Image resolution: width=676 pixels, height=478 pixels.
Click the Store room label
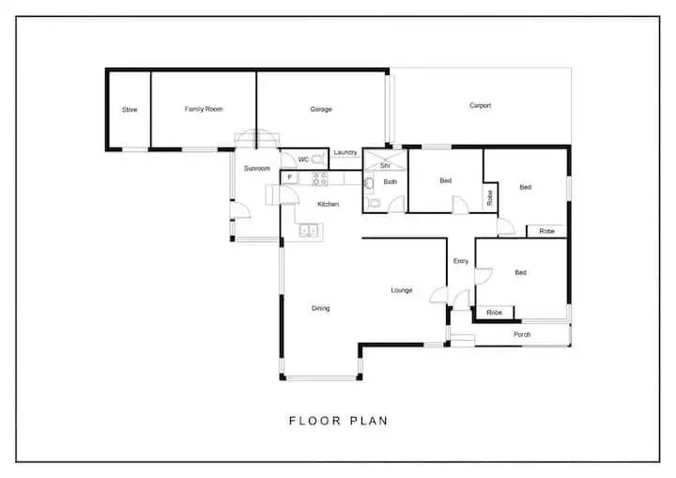(130, 110)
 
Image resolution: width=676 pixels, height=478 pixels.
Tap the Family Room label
(204, 109)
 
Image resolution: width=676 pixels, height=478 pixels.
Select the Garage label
(321, 109)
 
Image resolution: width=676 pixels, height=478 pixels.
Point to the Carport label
(480, 106)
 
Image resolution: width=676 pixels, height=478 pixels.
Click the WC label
(303, 159)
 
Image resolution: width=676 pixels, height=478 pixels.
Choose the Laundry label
(345, 152)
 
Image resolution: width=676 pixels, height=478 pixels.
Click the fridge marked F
(291, 177)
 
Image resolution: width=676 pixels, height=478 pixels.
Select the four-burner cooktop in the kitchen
(319, 177)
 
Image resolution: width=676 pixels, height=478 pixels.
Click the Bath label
(390, 182)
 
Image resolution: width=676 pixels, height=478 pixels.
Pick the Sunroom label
(257, 168)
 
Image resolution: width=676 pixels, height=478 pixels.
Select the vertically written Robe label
(490, 197)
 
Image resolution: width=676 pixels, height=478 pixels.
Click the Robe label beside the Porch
(494, 312)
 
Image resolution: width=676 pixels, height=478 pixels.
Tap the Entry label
(460, 261)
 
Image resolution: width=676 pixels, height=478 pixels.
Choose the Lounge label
(402, 290)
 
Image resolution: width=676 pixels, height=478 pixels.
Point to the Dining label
(320, 308)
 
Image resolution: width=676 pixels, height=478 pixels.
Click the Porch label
(521, 334)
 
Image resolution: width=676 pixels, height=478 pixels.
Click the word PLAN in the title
(366, 421)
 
